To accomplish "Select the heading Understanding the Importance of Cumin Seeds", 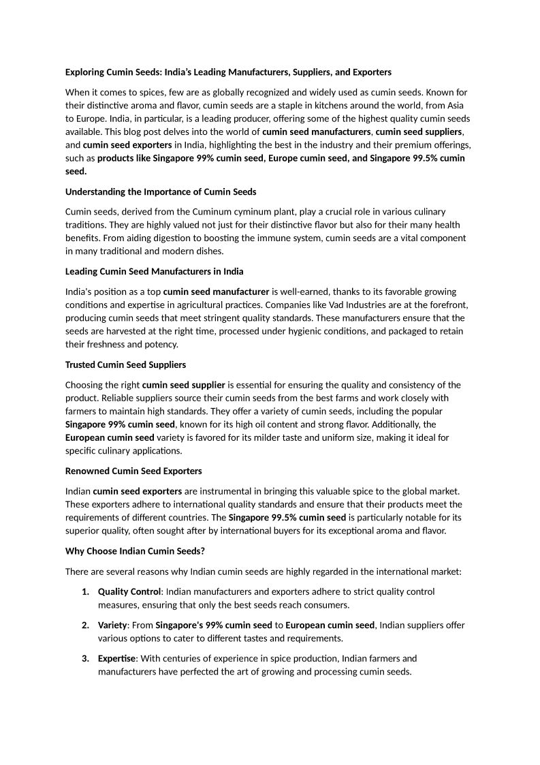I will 161,191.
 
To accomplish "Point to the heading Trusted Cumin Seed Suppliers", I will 125,364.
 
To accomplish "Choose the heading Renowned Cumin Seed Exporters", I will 133,471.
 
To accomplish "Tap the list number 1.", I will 85,591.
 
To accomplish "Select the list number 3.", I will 85,658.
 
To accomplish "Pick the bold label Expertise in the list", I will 116,658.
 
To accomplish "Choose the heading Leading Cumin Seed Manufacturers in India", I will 154,272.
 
